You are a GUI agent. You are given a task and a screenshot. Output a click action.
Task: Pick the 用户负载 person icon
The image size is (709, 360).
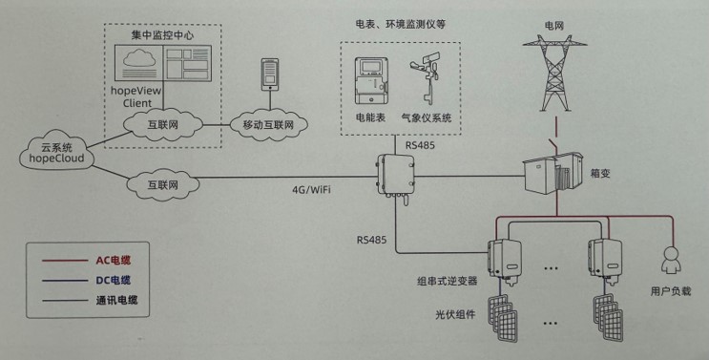coord(670,260)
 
